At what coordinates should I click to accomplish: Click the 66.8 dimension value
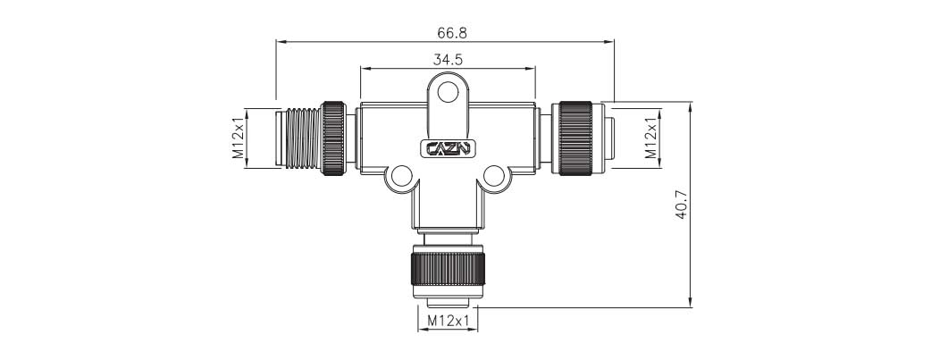pyautogui.click(x=452, y=33)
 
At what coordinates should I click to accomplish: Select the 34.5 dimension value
pyautogui.click(x=448, y=60)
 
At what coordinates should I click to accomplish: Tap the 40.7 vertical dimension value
pyautogui.click(x=681, y=205)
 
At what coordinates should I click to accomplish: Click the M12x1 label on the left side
pyautogui.click(x=238, y=138)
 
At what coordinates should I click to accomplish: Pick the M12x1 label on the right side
pyautogui.click(x=651, y=138)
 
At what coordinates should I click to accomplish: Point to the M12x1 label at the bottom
pyautogui.click(x=448, y=321)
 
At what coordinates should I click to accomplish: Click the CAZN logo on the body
pyautogui.click(x=448, y=148)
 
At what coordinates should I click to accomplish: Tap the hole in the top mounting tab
pyautogui.click(x=448, y=93)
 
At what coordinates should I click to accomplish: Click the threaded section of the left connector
pyautogui.click(x=304, y=138)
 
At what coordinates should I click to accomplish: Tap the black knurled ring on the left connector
pyautogui.click(x=333, y=138)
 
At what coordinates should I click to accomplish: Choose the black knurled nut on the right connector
pyautogui.click(x=575, y=138)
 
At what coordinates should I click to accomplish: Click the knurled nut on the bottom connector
pyautogui.click(x=448, y=269)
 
